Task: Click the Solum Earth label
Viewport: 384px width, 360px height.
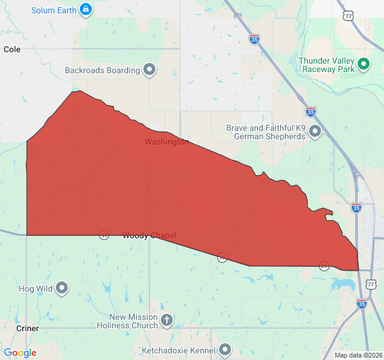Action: tap(55, 10)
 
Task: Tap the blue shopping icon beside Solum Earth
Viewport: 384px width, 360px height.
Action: tap(86, 10)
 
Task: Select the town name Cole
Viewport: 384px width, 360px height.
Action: tap(12, 49)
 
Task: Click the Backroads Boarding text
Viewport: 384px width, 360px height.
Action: tap(103, 70)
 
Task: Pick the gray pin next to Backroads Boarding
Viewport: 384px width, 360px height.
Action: tap(150, 70)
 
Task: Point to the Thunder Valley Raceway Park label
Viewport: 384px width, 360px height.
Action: tap(326, 65)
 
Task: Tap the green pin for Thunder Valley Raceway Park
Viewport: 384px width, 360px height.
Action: tap(363, 64)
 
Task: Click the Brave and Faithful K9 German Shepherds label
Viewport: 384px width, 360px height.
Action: tap(265, 132)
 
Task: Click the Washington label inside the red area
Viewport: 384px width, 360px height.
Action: tap(167, 142)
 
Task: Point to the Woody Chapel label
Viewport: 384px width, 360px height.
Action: tap(149, 236)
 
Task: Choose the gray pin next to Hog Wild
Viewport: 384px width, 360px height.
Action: tap(62, 289)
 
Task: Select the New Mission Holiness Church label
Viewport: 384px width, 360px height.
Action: tap(133, 321)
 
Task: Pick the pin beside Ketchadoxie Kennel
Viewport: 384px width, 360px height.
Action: tap(225, 349)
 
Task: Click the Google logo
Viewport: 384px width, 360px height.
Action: tap(20, 353)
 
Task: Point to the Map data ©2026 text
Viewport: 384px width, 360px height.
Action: tap(358, 355)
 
